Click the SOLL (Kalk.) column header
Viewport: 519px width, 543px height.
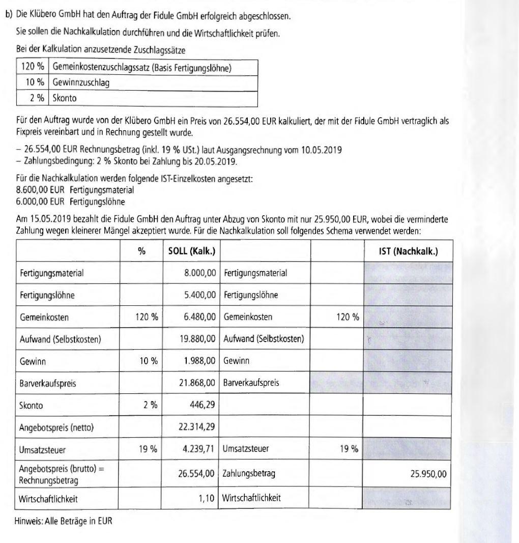coord(191,251)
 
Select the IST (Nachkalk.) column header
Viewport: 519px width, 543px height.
coord(408,251)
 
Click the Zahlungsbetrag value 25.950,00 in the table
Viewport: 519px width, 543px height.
coord(428,474)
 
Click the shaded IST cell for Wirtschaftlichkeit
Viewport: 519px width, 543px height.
coord(408,498)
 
